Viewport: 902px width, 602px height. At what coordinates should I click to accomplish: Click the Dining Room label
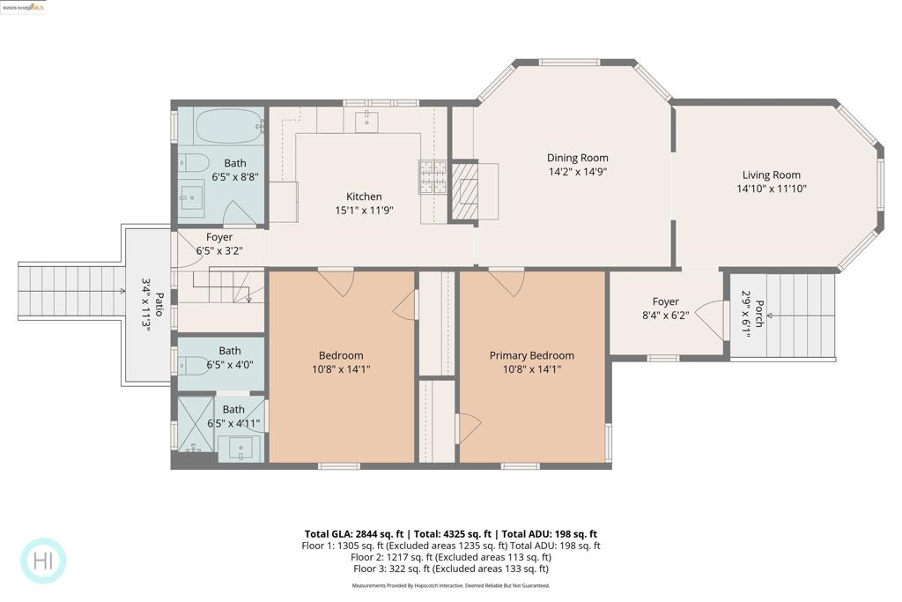click(x=577, y=159)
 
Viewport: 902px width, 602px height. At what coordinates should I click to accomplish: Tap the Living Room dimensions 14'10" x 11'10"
click(x=772, y=189)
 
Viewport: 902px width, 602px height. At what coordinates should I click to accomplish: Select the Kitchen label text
click(x=364, y=197)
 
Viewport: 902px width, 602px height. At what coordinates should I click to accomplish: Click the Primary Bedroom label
click(x=531, y=355)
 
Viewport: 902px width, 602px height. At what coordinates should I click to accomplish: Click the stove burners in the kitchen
click(x=432, y=177)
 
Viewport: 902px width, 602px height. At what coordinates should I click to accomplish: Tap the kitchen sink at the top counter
click(x=367, y=122)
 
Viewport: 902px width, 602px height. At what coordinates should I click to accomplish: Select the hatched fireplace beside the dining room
click(x=463, y=190)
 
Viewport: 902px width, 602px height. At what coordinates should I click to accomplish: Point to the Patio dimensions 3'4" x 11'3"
click(x=147, y=304)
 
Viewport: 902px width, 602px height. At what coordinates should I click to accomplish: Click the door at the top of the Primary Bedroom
click(x=507, y=282)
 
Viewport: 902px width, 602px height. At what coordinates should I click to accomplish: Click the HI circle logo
click(x=43, y=561)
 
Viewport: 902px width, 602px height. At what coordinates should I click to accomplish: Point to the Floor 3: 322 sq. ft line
click(x=450, y=569)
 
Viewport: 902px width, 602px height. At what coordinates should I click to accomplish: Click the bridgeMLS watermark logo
click(x=24, y=7)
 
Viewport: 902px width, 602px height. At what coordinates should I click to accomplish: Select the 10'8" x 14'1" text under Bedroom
click(x=341, y=369)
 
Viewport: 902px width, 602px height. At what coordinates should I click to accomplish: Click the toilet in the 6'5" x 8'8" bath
click(x=195, y=162)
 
